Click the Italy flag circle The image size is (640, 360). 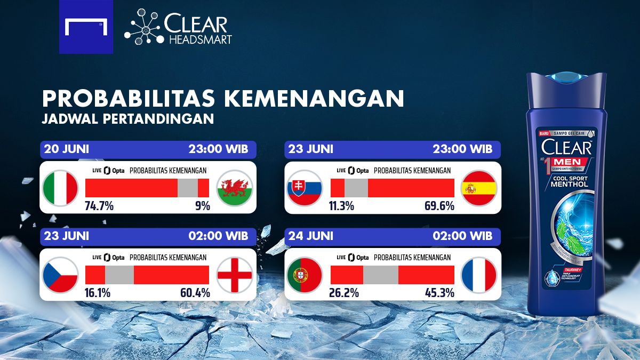click(x=61, y=188)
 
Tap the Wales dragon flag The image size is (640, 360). click(x=234, y=188)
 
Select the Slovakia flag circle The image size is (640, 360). click(x=305, y=188)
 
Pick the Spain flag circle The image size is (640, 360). click(x=478, y=188)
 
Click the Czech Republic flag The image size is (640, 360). click(x=61, y=275)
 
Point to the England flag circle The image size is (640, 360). click(x=234, y=275)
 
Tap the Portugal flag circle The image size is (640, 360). click(x=305, y=275)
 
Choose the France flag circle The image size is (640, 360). click(x=478, y=275)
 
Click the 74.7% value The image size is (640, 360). click(x=99, y=206)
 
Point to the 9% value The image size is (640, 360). click(x=202, y=206)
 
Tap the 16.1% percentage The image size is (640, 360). click(x=97, y=293)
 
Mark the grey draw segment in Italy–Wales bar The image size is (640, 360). click(x=187, y=188)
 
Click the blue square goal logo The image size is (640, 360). click(x=86, y=27)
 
